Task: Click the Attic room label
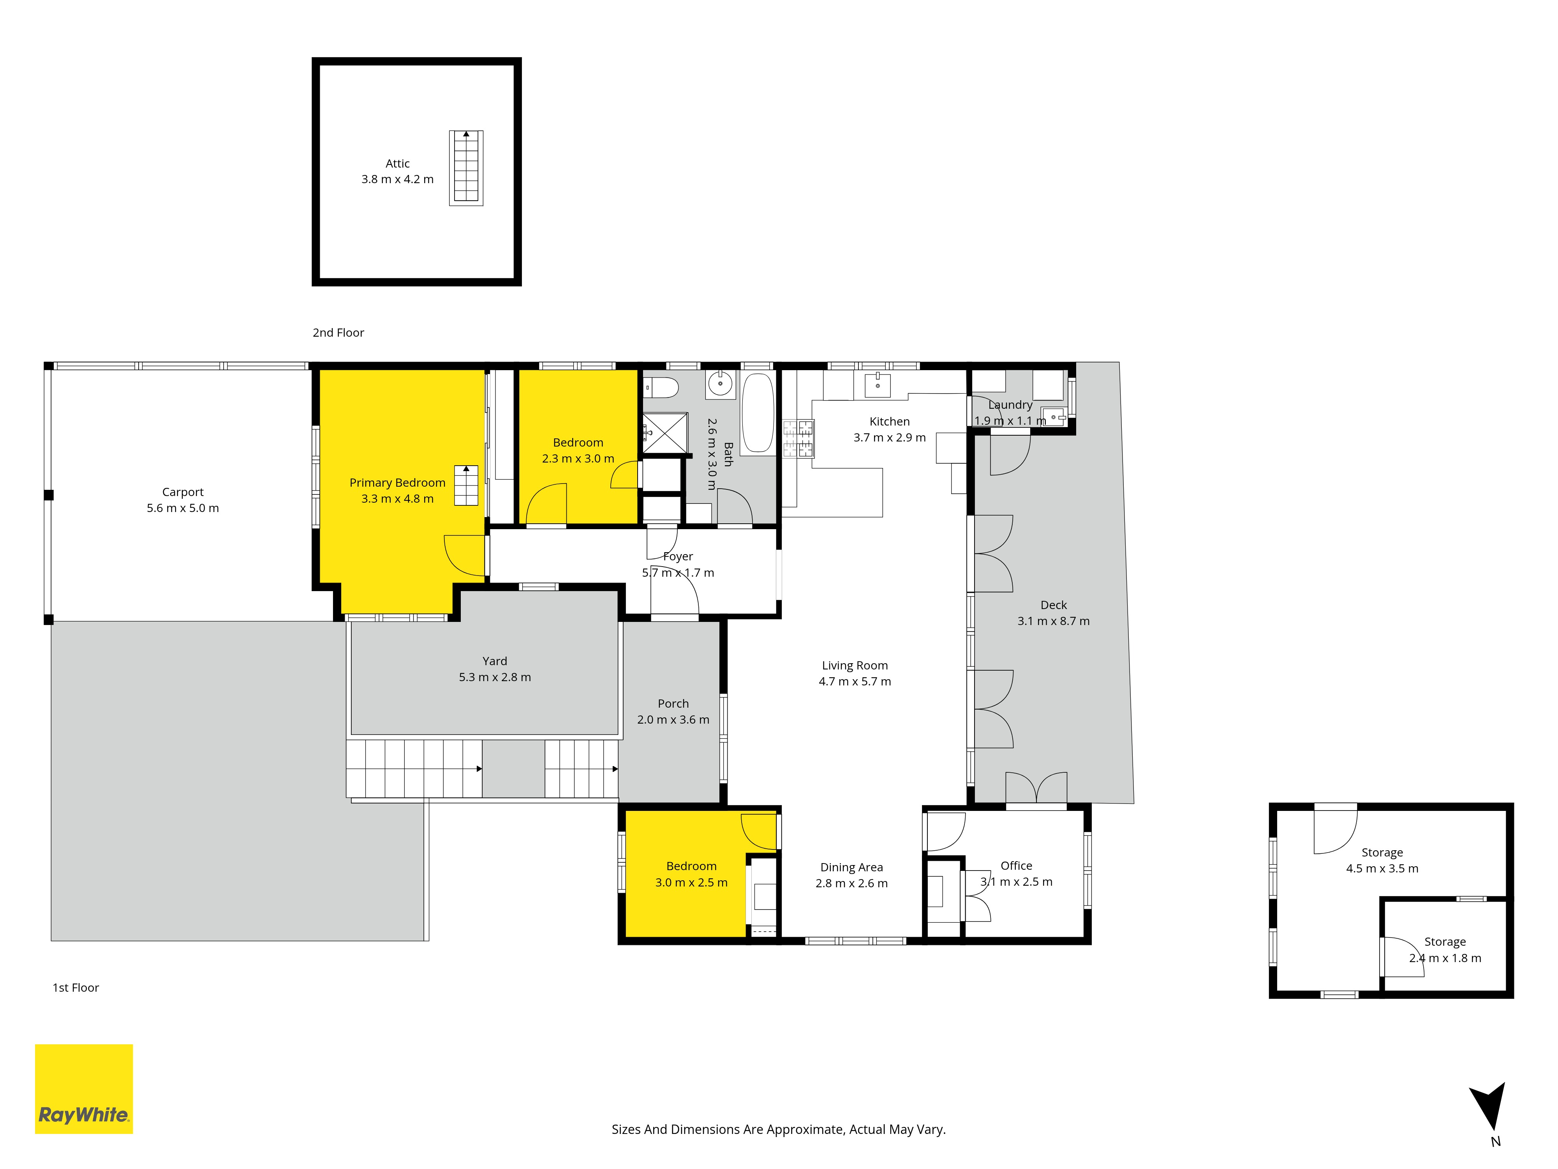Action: [x=397, y=164]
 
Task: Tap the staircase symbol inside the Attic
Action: [x=466, y=168]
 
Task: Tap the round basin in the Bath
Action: [x=720, y=384]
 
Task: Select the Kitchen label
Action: [x=890, y=421]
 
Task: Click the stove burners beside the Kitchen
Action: [x=798, y=438]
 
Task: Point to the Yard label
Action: [x=494, y=661]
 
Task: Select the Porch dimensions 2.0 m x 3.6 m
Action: [x=673, y=719]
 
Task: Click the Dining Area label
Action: [x=851, y=867]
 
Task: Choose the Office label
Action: [x=1016, y=865]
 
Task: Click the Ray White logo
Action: [x=84, y=1089]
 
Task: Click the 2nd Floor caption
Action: [x=338, y=333]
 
